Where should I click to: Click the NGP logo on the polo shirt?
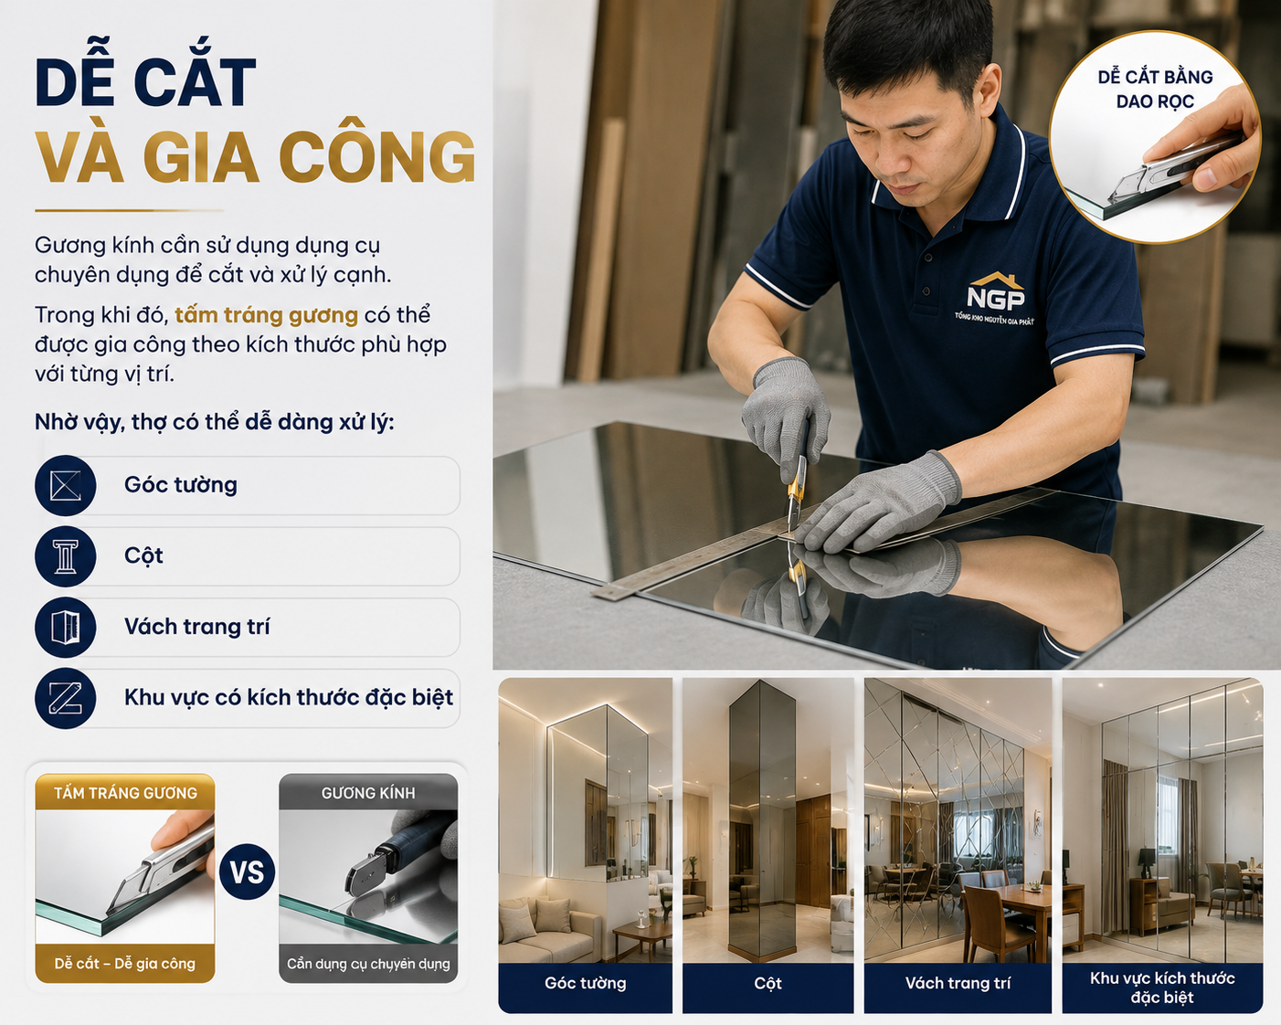click(x=995, y=299)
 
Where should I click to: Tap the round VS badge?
click(x=247, y=872)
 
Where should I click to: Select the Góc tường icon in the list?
click(x=66, y=485)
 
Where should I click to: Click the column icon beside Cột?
click(x=66, y=556)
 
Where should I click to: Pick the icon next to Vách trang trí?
click(x=66, y=628)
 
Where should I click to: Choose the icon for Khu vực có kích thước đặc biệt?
click(x=66, y=698)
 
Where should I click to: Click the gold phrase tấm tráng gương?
click(x=266, y=315)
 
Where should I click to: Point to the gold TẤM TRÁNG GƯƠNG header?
click(x=125, y=792)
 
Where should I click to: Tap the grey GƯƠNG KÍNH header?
click(x=368, y=792)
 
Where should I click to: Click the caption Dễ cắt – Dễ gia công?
click(x=125, y=963)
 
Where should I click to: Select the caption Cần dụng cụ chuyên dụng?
click(x=368, y=963)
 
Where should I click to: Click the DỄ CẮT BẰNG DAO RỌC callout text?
click(x=1156, y=89)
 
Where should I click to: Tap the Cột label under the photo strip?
click(x=768, y=983)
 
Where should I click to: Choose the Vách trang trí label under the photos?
click(x=958, y=983)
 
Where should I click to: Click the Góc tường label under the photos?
click(x=585, y=983)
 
